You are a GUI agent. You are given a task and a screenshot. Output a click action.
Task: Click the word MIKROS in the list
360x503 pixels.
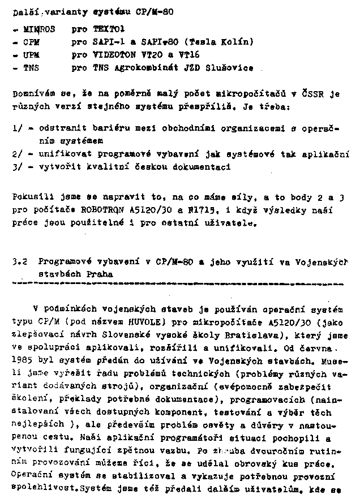(x=39, y=29)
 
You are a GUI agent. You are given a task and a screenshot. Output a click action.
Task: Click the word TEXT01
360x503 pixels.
(x=109, y=29)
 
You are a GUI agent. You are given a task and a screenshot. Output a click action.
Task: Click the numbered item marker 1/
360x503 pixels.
(x=16, y=129)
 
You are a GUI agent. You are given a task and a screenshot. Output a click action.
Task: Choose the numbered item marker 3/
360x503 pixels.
(x=16, y=167)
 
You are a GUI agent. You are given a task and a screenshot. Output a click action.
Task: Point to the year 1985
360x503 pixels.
(x=23, y=361)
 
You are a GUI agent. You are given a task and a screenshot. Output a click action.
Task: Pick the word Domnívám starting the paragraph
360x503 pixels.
(x=32, y=94)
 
